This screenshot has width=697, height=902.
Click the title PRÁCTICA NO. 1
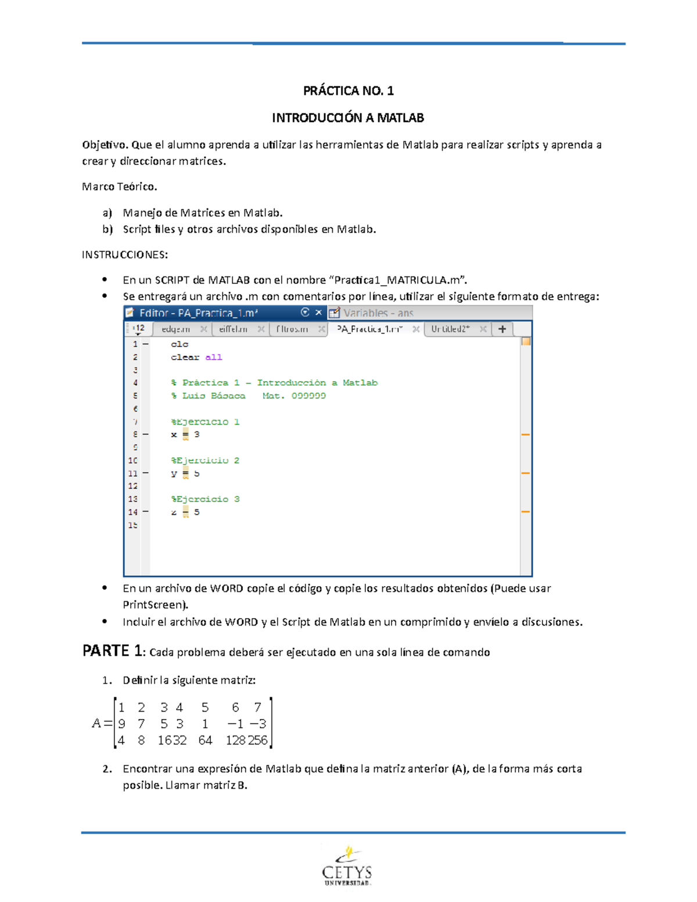348,91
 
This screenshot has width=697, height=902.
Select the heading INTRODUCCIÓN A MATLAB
348,118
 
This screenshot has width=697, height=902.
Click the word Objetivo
105,145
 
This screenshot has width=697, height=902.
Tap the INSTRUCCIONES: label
125,254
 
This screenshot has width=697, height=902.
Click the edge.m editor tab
176,329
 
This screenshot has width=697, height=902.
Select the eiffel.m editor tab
233,329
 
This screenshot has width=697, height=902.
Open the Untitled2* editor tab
451,329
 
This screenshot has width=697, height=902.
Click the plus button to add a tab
502,329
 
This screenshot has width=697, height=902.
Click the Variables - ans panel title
378,313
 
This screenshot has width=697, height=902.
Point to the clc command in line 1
179,344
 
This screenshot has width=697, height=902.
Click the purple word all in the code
214,357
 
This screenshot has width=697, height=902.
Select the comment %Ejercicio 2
205,461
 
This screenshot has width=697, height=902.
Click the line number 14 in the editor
133,512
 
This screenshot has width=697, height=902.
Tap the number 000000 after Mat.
308,396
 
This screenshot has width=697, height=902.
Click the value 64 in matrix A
205,741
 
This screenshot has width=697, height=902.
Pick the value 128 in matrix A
235,741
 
